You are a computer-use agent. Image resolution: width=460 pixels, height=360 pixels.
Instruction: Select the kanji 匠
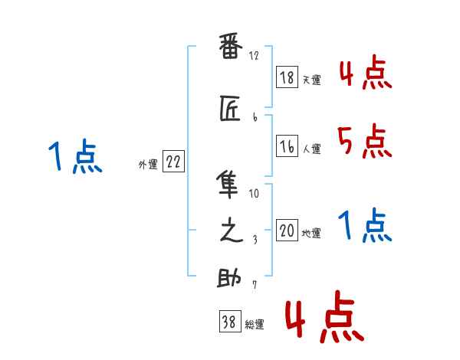tap(231, 110)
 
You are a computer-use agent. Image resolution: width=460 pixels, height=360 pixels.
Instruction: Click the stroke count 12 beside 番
tap(254, 56)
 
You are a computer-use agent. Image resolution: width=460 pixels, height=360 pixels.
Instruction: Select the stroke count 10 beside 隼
tap(254, 193)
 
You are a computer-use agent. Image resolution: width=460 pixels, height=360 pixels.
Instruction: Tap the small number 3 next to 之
tap(254, 240)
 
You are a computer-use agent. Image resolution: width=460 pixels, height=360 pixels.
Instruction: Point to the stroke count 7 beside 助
tap(254, 286)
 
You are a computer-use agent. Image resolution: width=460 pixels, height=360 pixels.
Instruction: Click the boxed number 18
tap(287, 77)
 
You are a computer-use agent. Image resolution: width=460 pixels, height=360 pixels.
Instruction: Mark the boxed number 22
tap(173, 161)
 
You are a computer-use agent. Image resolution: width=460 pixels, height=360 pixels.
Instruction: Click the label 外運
tap(148, 163)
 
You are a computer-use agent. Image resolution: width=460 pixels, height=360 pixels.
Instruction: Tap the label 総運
tap(255, 325)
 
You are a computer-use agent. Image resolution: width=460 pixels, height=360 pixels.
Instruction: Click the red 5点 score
tap(364, 141)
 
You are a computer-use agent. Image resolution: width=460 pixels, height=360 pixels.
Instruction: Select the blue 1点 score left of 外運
tap(74, 158)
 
